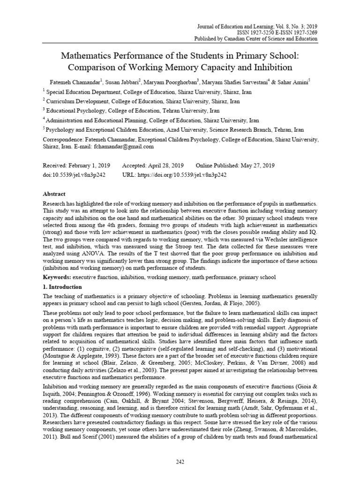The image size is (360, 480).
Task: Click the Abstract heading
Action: pos(54,194)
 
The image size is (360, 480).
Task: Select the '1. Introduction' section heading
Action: pos(62,287)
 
